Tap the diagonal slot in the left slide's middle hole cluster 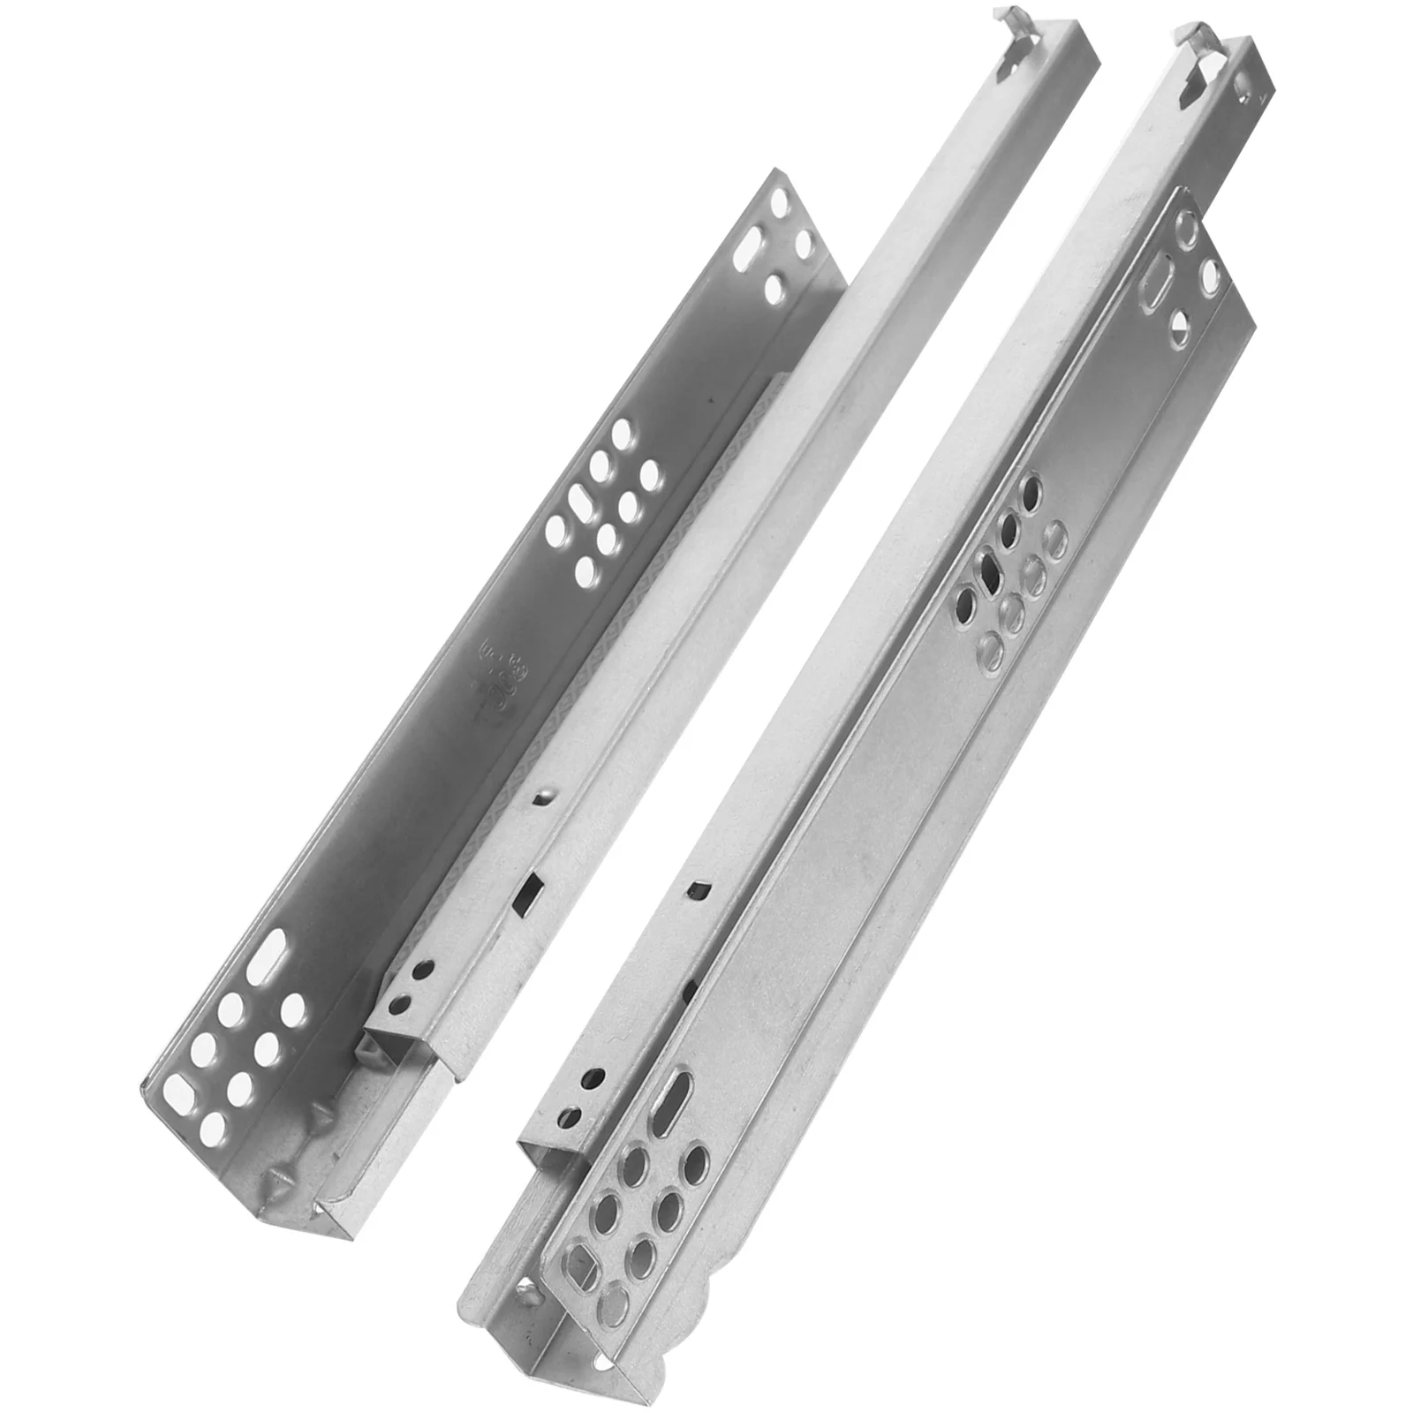click(x=583, y=506)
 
